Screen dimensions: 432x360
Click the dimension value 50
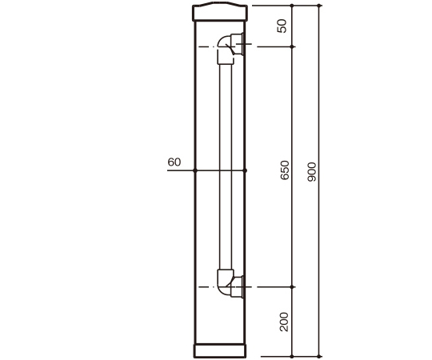[282, 26]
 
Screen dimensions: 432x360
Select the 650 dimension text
[285, 170]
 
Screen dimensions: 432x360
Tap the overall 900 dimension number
[312, 172]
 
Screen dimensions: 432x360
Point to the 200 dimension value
[284, 322]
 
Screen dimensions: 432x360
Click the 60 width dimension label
[174, 162]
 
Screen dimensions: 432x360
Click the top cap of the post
[220, 11]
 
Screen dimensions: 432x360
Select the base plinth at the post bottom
[220, 350]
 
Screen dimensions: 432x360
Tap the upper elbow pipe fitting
[230, 49]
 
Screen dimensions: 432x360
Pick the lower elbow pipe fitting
[230, 284]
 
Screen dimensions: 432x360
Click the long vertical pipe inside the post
[226, 166]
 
